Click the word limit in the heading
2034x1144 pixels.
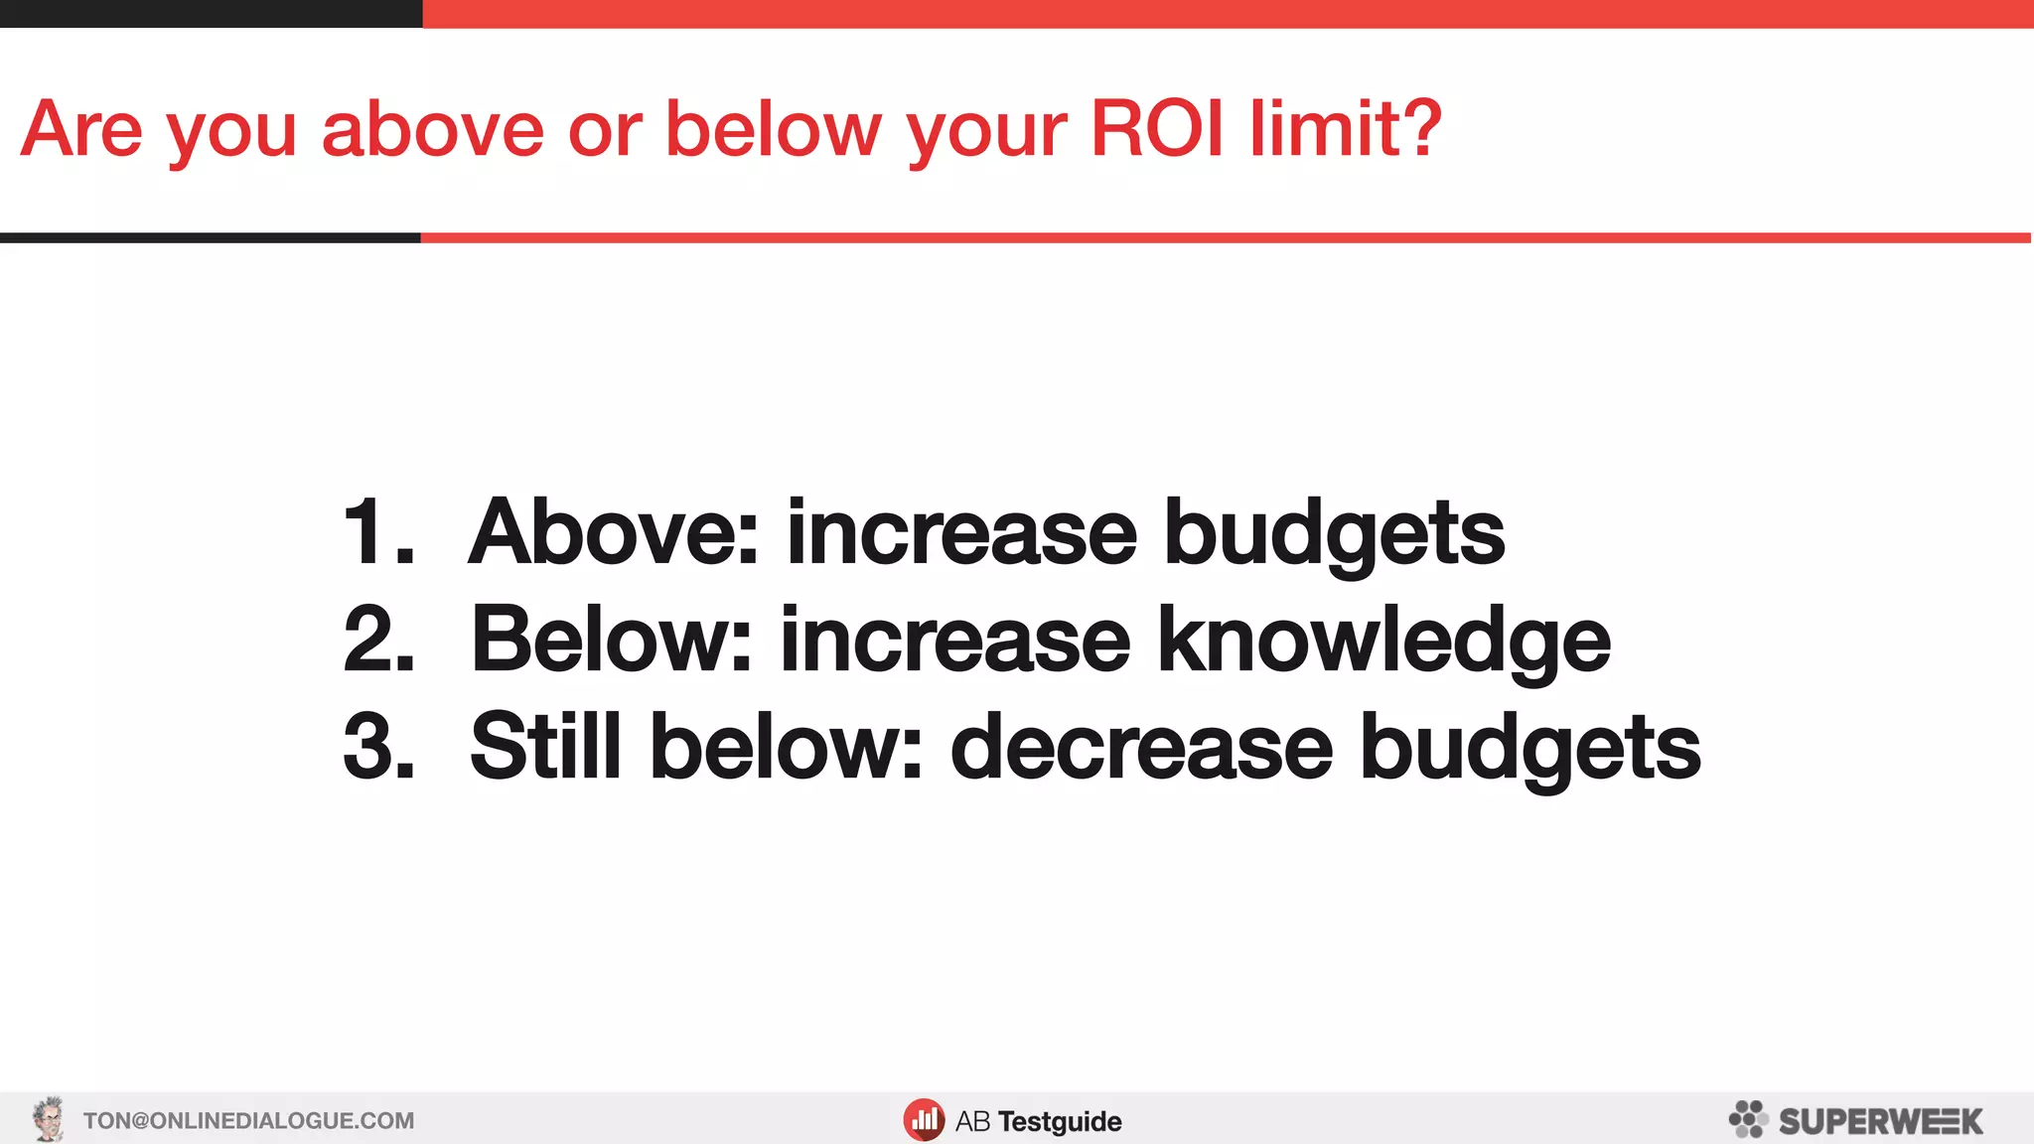click(1321, 129)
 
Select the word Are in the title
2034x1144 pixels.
click(81, 129)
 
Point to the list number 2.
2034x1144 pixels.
click(377, 641)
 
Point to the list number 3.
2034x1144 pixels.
click(377, 747)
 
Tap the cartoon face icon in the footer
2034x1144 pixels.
click(48, 1119)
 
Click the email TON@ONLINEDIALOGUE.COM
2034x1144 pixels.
click(248, 1121)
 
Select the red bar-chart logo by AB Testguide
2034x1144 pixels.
click(924, 1120)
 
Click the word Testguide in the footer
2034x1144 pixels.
click(1060, 1122)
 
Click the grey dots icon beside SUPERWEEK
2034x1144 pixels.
click(1748, 1119)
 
